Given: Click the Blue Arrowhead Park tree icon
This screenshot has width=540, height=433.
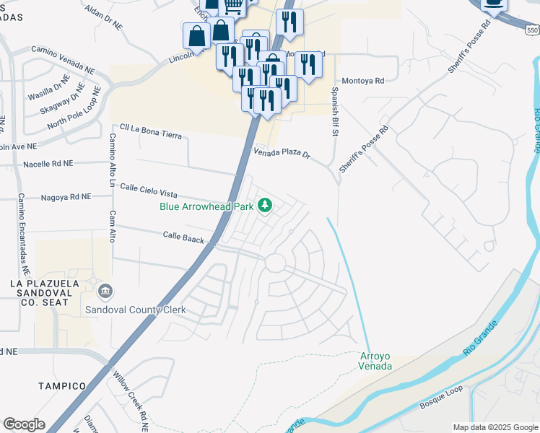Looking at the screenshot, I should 265,206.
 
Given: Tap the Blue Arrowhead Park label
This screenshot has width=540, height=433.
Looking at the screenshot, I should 206,206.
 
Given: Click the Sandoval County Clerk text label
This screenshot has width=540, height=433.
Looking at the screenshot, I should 136,310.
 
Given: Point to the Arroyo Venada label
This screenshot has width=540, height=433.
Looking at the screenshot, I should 375,361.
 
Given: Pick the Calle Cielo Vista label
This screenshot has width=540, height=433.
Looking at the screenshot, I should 148,190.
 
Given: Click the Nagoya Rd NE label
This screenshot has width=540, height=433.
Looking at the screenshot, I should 66,196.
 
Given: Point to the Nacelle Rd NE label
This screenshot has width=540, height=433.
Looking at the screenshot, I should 48,164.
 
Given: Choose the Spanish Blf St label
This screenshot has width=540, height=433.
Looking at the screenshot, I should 335,113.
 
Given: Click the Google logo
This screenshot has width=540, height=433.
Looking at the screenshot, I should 25,424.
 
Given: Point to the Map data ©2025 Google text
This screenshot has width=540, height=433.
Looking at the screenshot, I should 495,427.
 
